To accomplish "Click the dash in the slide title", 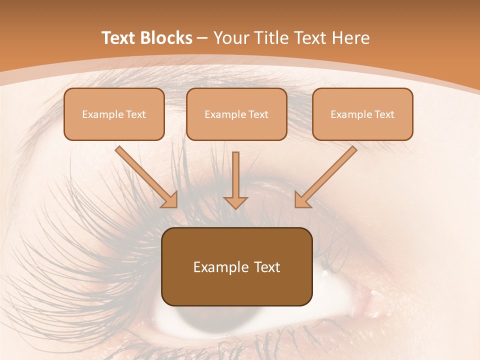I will tap(202, 38).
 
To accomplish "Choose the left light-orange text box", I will tap(114, 114).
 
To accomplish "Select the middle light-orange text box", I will tap(236, 114).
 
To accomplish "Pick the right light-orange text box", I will tap(362, 114).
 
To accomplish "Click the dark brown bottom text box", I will tap(236, 266).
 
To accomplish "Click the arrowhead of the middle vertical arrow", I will tap(235, 202).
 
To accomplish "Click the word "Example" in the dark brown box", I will tap(217, 267).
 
